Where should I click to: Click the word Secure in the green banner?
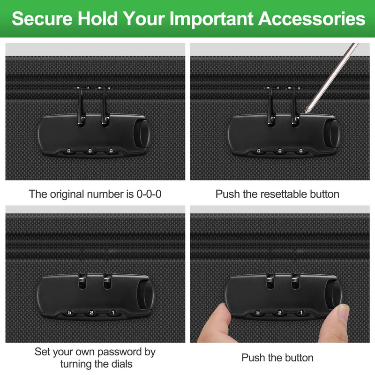tap(42, 19)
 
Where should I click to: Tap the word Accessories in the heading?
tap(312, 19)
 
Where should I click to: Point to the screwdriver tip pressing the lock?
tap(307, 112)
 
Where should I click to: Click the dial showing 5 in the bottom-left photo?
tap(69, 312)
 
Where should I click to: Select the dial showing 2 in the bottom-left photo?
tap(91, 312)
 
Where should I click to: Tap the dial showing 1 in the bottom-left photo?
tap(113, 312)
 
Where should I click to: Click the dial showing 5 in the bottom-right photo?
tap(258, 312)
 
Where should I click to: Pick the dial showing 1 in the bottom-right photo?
tap(301, 312)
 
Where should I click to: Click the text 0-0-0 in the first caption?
tap(149, 194)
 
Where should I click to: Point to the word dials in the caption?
tap(121, 364)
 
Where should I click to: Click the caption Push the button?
tap(277, 358)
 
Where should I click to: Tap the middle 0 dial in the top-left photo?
tap(90, 150)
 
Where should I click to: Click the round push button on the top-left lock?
tap(143, 134)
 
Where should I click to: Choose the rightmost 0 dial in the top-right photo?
tap(301, 150)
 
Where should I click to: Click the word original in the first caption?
tap(67, 195)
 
